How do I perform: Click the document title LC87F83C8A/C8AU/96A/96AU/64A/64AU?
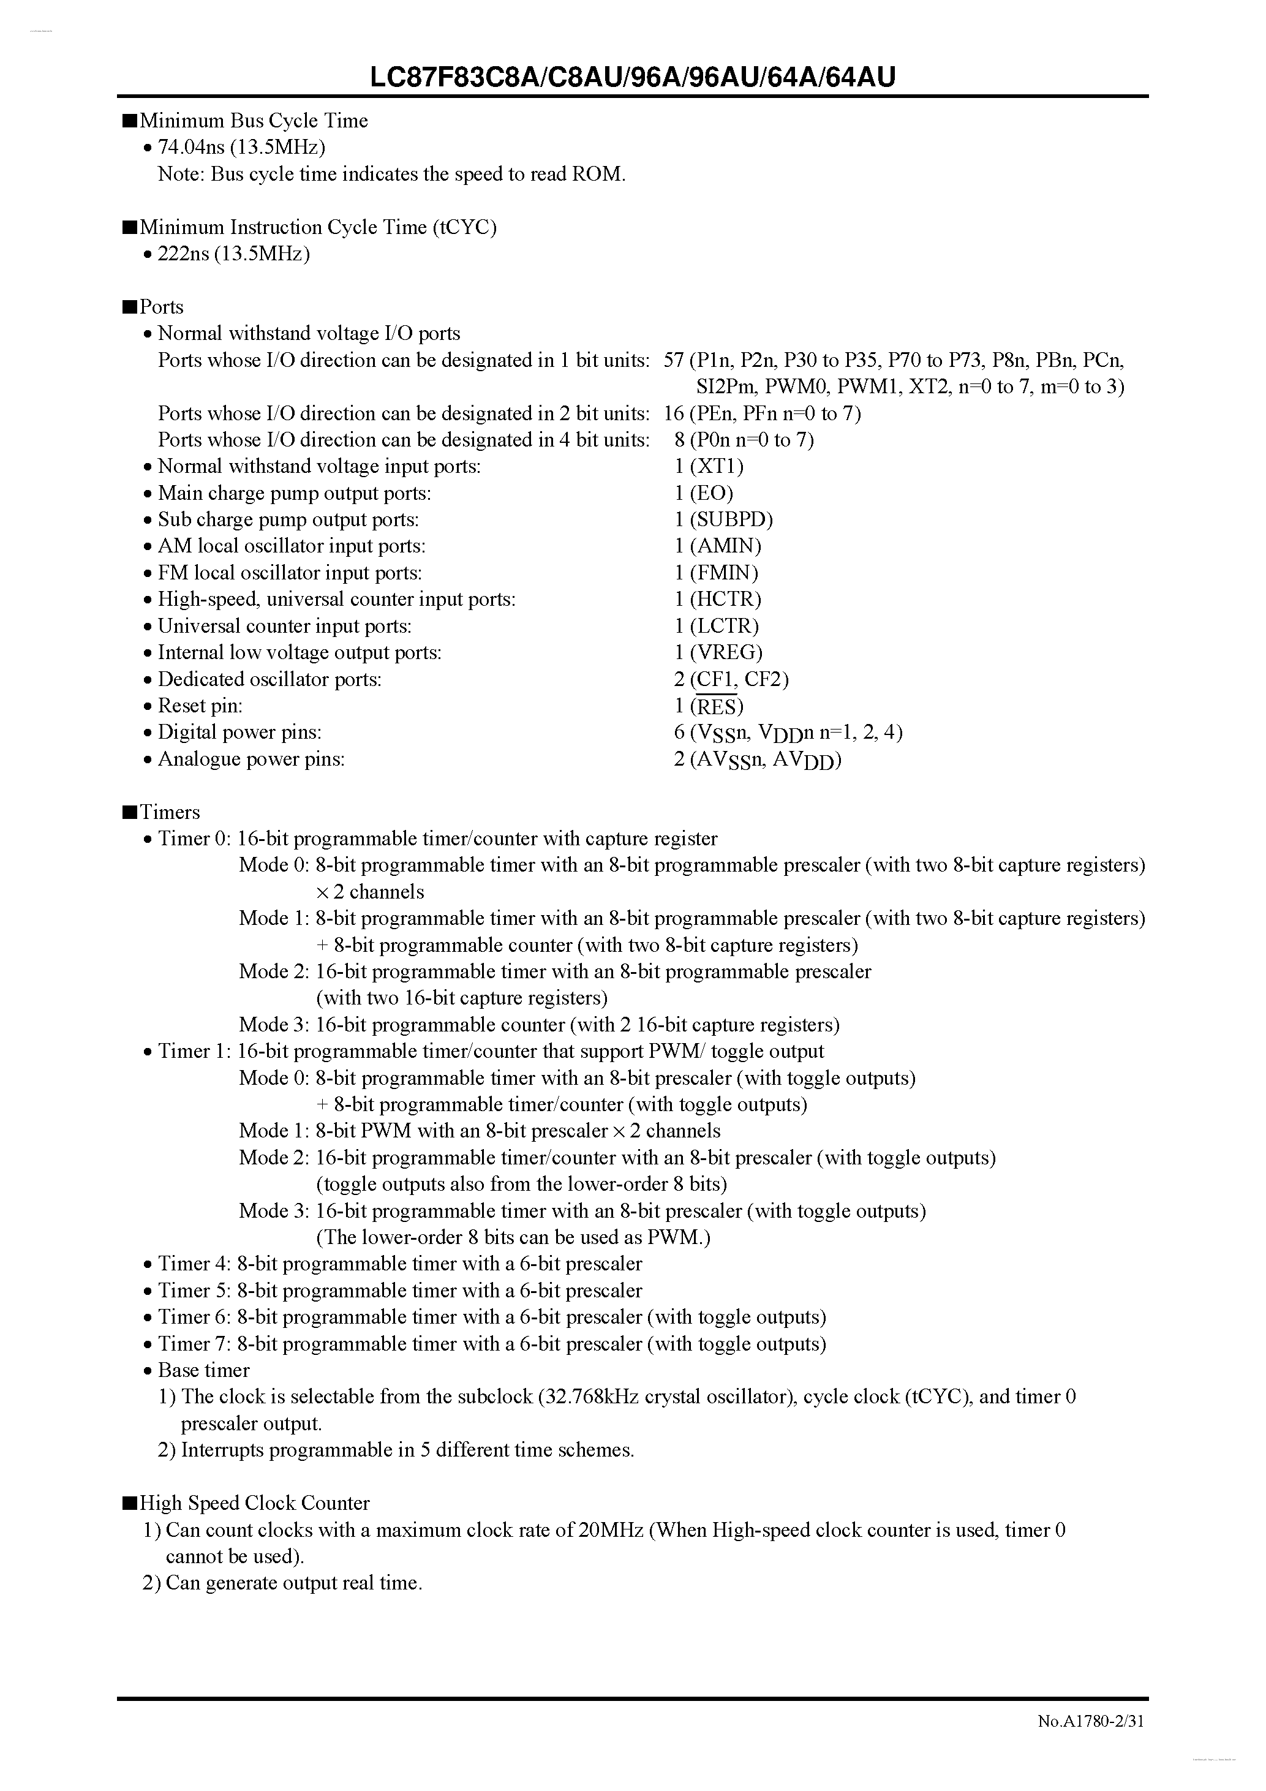click(633, 77)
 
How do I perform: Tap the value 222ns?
click(183, 254)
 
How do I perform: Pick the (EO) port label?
click(711, 493)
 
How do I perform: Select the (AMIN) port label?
click(725, 546)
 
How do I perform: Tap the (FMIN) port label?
click(724, 573)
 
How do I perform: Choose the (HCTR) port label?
click(725, 599)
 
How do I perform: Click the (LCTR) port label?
click(724, 625)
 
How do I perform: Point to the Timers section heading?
click(169, 812)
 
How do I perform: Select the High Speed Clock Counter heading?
click(254, 1503)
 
